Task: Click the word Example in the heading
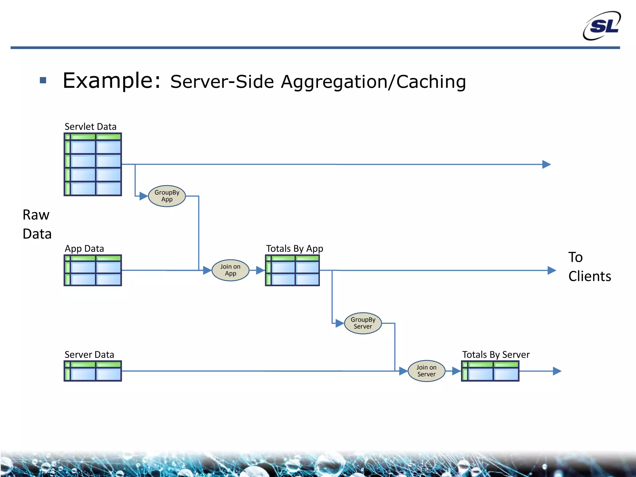point(111,81)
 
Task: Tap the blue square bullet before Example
point(43,80)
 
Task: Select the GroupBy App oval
point(167,196)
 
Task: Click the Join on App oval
point(230,270)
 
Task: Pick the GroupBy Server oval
point(363,323)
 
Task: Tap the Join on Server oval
point(426,371)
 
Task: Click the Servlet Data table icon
point(93,164)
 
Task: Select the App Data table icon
point(93,270)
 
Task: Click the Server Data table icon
point(93,371)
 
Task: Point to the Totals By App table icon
point(292,270)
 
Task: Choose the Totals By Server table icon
point(490,371)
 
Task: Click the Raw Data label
point(37,224)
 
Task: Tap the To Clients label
point(589,267)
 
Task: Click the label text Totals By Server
point(496,355)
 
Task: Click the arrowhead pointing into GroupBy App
point(143,196)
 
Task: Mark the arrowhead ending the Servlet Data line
point(546,164)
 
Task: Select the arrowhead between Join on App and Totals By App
point(260,270)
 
